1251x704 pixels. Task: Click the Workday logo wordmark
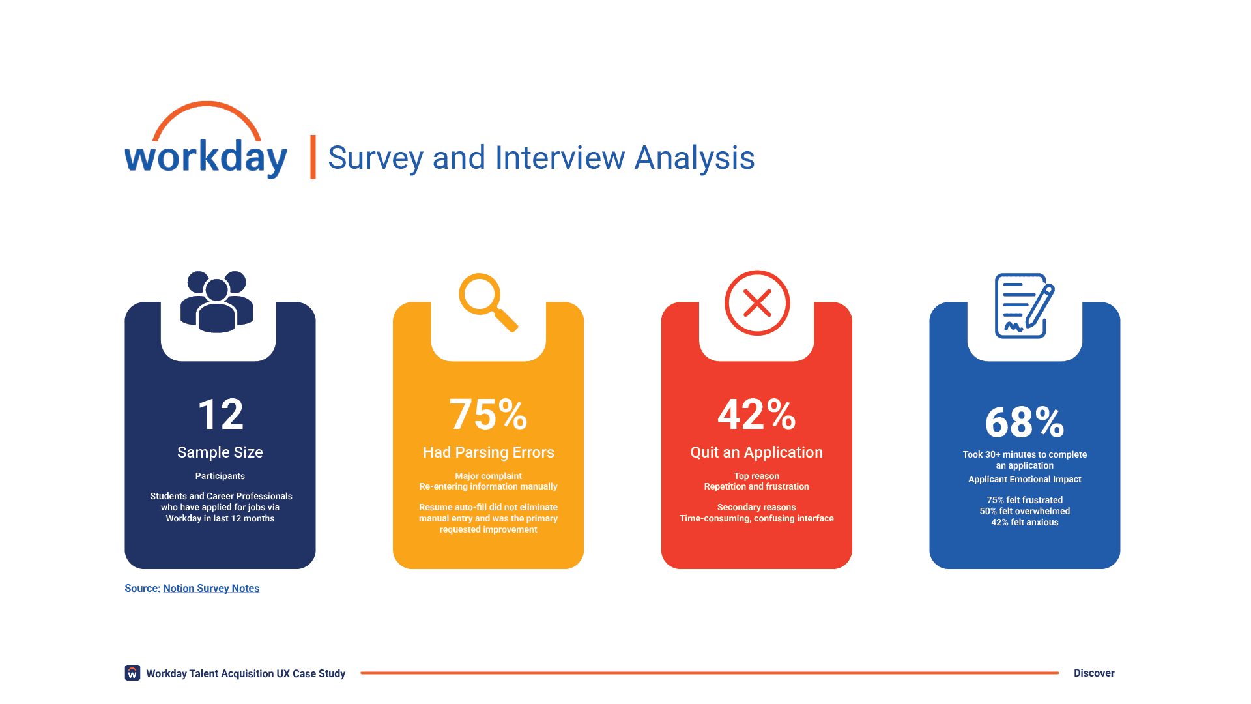click(x=206, y=158)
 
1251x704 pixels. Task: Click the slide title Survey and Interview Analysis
click(x=541, y=158)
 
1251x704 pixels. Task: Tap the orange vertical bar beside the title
click(x=313, y=157)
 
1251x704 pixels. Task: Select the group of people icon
click(x=216, y=302)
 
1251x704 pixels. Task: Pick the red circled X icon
click(x=757, y=303)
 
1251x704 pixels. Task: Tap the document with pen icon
click(x=1024, y=306)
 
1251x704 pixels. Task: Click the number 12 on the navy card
click(x=220, y=415)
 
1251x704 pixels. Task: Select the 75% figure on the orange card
click(x=488, y=415)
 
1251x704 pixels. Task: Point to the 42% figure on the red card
click(x=756, y=415)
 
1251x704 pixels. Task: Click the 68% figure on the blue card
click(x=1024, y=422)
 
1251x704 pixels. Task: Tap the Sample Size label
click(x=220, y=452)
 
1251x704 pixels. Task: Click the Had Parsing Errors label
click(x=489, y=452)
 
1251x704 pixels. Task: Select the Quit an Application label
click(x=756, y=452)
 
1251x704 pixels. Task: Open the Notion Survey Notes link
click(x=211, y=588)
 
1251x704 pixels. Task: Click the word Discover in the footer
click(x=1094, y=673)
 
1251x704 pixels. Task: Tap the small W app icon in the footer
click(x=132, y=673)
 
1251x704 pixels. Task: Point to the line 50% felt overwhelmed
click(x=1024, y=511)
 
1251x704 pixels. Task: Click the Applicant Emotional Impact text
click(x=1024, y=479)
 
